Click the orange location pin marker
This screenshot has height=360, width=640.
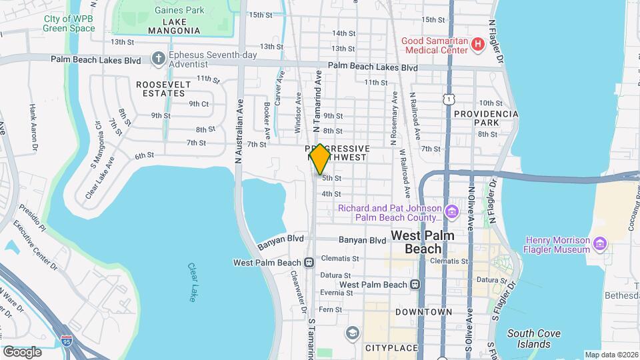(x=320, y=159)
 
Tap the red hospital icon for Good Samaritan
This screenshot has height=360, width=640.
(x=477, y=45)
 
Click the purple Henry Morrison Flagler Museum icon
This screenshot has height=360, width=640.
(x=599, y=245)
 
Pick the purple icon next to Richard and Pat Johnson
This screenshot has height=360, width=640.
(x=452, y=213)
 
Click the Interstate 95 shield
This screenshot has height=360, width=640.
(x=67, y=341)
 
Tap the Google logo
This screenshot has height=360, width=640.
(x=22, y=351)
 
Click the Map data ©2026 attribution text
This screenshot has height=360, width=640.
(x=611, y=355)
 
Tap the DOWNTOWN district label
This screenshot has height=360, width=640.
(x=423, y=311)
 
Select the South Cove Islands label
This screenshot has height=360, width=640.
(x=533, y=339)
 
